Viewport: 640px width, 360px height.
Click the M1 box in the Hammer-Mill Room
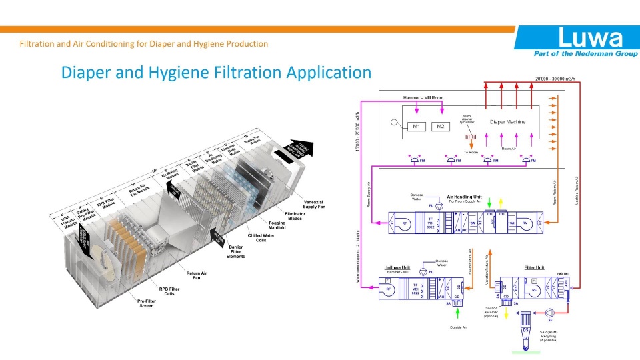pyautogui.click(x=416, y=127)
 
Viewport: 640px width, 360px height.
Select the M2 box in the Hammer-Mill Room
pyautogui.click(x=440, y=127)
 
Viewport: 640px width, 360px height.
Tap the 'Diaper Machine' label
pyautogui.click(x=507, y=122)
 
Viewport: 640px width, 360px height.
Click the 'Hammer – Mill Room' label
pyautogui.click(x=423, y=98)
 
